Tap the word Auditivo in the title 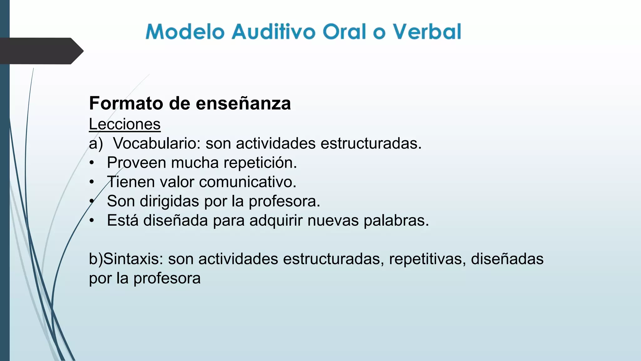pos(273,32)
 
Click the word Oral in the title pos(344,32)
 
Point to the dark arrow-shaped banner pos(41,51)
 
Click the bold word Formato pos(126,103)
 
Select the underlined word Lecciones pos(125,124)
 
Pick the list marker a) pos(96,144)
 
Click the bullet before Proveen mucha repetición pos(92,163)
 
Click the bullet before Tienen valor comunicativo pos(92,182)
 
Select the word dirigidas pos(169,201)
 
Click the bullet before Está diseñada pos(92,221)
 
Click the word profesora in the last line pos(167,278)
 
